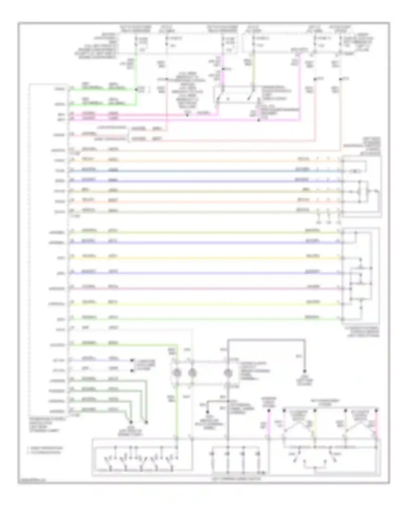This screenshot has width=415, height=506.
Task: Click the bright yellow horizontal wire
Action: pyautogui.click(x=205, y=258)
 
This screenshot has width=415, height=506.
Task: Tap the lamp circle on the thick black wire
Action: pyautogui.click(x=228, y=373)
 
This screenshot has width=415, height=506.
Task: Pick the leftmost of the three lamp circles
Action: pyautogui.click(x=177, y=373)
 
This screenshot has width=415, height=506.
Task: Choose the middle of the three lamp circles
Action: pyautogui.click(x=192, y=373)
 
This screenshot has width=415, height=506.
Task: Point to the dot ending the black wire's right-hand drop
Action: pyautogui.click(x=305, y=371)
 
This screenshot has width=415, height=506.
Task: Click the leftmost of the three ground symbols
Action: pyautogui.click(x=318, y=221)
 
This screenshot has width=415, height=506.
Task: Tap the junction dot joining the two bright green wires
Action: pyautogui.click(x=136, y=89)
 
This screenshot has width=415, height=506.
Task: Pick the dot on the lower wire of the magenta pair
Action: pyautogui.click(x=259, y=120)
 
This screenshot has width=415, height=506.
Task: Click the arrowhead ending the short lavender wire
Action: pyautogui.click(x=132, y=361)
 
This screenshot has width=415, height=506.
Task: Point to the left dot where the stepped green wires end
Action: pyautogui.click(x=131, y=422)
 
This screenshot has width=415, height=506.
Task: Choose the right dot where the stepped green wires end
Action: pyautogui.click(x=146, y=422)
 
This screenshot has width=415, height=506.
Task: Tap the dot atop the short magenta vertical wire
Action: pyautogui.click(x=269, y=411)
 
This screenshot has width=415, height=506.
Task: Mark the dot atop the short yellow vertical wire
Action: pyautogui.click(x=315, y=411)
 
